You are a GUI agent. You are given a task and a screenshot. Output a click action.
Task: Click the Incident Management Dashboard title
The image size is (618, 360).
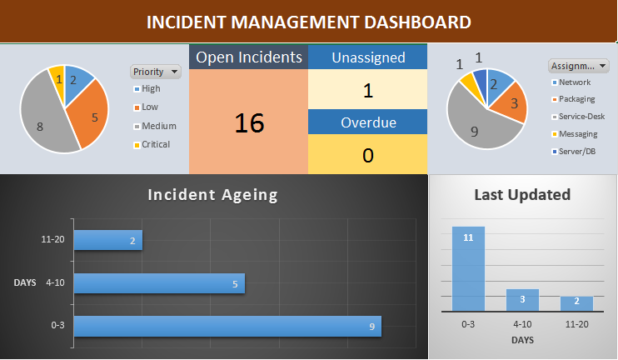point(308,22)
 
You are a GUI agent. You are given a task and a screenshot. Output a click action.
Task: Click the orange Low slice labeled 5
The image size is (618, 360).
point(91,114)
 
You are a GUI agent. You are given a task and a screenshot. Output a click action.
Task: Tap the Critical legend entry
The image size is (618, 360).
point(155,144)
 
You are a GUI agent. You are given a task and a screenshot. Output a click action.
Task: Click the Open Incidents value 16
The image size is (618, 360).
point(248,123)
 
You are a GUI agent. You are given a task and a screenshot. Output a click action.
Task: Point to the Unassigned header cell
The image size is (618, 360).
point(368,57)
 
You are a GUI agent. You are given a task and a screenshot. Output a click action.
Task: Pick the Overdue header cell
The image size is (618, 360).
point(368,122)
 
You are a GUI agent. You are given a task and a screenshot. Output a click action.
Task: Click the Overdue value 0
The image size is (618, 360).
point(368,155)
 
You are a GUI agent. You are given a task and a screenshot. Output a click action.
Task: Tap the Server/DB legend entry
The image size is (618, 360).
point(575,152)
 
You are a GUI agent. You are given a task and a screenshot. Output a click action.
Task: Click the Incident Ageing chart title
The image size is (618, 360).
point(212,195)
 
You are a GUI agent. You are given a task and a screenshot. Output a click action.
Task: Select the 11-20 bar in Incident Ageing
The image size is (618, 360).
point(108,240)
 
